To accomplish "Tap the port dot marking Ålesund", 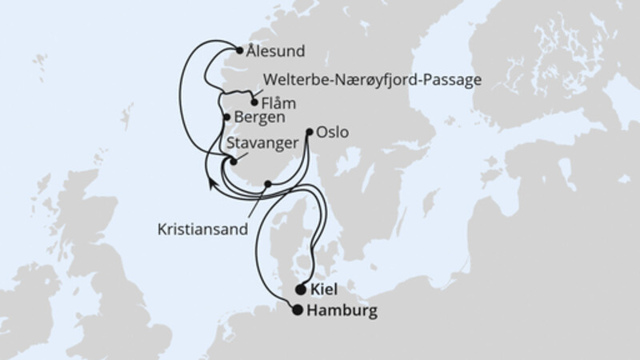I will pos(238,51).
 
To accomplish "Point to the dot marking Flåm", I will pos(254,102).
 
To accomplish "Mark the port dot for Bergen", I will pos(226,118).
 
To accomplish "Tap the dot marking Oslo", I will pos(310,131).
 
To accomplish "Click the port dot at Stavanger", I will pos(233,162).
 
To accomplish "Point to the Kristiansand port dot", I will pos(268,184).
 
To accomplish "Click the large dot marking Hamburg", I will pos(298,310).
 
